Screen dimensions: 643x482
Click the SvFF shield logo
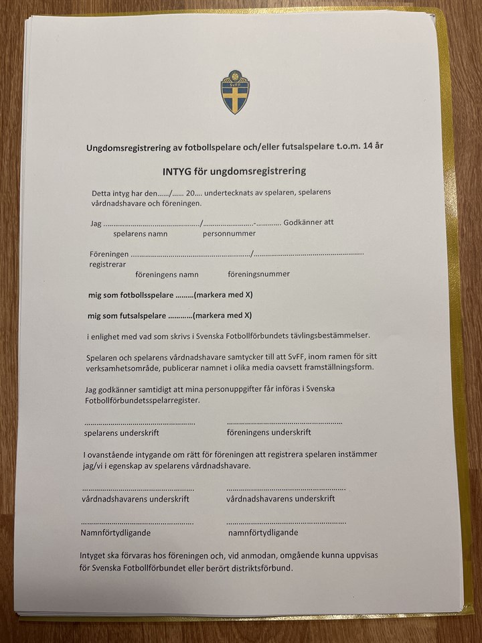[235, 92]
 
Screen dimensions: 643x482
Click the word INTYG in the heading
[179, 171]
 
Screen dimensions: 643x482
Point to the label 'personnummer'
[229, 234]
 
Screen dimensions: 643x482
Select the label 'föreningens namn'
[167, 274]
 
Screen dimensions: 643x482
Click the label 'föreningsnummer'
[258, 274]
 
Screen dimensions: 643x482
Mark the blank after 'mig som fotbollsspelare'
[184, 295]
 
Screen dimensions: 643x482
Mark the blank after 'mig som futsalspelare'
[179, 315]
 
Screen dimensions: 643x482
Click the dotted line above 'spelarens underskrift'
[140, 423]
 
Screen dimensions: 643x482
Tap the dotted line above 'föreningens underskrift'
[285, 423]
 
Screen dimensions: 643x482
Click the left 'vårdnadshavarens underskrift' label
[135, 499]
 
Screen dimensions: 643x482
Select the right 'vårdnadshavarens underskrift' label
[280, 499]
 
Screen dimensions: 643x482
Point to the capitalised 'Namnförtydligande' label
[116, 533]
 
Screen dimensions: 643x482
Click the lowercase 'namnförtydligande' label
[263, 533]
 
